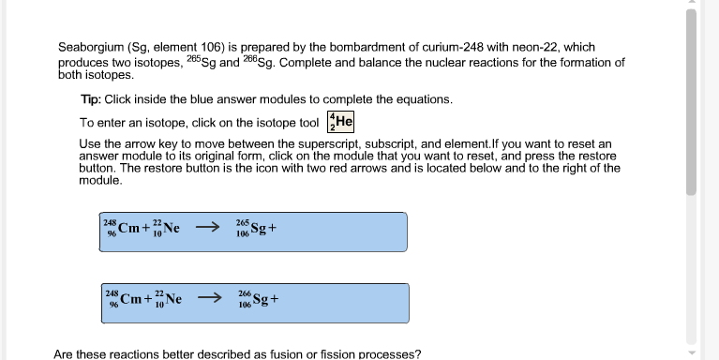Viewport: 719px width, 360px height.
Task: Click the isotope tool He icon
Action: pyautogui.click(x=340, y=122)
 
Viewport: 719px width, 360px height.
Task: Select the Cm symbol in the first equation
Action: pyautogui.click(x=129, y=227)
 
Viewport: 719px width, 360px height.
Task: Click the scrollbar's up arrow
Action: pyautogui.click(x=692, y=5)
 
